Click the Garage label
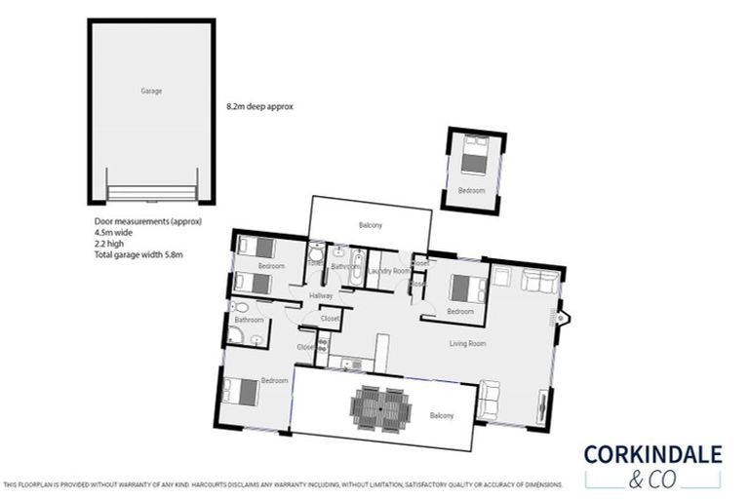click(x=150, y=91)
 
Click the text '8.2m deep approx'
click(x=258, y=105)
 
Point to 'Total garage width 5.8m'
click(x=138, y=254)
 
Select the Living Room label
click(x=468, y=343)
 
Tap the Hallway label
click(x=321, y=295)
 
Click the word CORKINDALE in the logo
click(x=652, y=454)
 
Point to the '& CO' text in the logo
click(x=652, y=478)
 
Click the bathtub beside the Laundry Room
click(x=357, y=269)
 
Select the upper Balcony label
click(x=370, y=225)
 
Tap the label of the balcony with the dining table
click(x=442, y=416)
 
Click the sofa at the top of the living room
click(x=540, y=282)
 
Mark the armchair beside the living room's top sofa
click(x=501, y=277)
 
